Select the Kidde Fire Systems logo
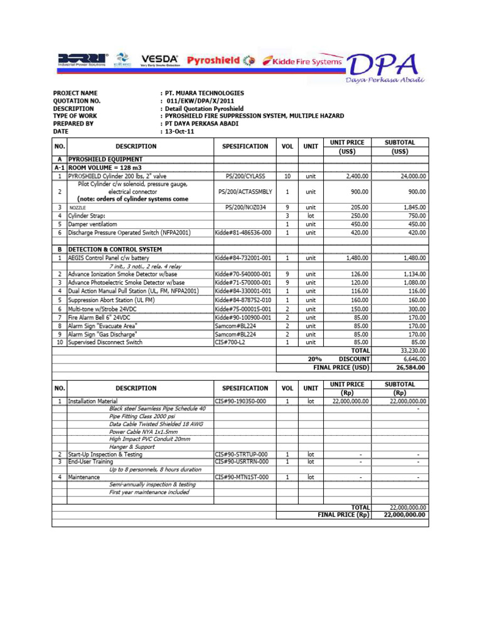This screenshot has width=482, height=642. [303, 61]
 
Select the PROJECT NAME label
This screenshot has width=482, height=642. [75, 93]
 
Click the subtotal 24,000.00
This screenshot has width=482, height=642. [410, 177]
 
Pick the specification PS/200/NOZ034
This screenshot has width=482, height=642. [244, 207]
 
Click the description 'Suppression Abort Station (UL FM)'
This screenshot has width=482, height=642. [114, 300]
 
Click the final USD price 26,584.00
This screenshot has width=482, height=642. [410, 368]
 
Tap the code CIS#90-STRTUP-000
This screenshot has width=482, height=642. [241, 454]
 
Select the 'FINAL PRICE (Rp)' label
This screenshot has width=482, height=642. [344, 515]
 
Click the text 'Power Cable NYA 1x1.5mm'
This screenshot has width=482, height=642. [143, 432]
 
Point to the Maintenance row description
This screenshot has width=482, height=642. [83, 477]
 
